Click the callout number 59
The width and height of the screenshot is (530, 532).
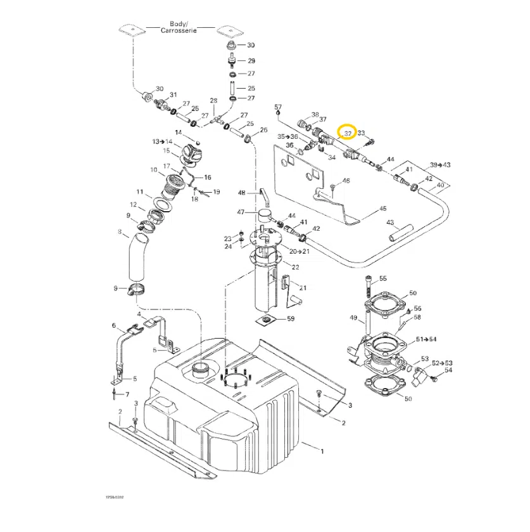point(291,318)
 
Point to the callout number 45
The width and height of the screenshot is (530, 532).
point(382,208)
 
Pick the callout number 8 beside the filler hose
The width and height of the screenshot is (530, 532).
point(118,232)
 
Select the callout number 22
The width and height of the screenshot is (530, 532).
point(295,267)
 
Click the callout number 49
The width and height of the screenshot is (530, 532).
point(353,318)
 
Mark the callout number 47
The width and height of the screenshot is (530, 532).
point(241,212)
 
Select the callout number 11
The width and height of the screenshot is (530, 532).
point(140,191)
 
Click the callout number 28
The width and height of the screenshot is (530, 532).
point(213,101)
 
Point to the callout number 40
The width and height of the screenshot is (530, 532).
point(441,185)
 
